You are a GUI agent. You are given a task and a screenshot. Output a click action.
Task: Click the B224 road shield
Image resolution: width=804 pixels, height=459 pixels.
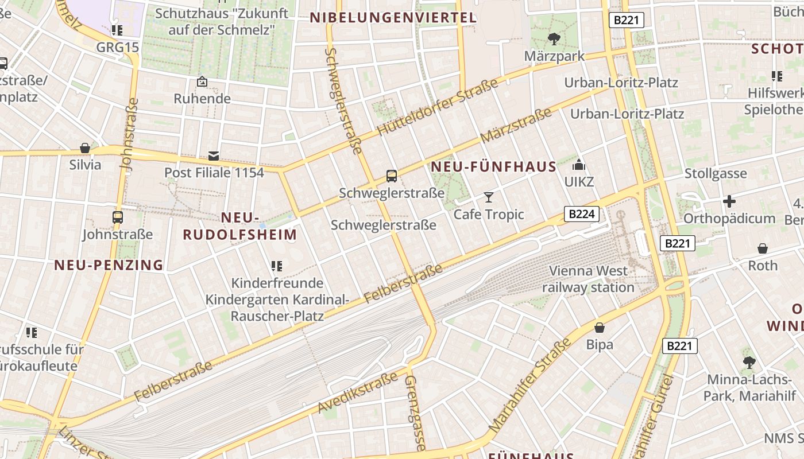pos(582,214)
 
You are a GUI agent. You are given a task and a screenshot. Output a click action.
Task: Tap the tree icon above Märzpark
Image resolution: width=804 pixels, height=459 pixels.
pos(554,39)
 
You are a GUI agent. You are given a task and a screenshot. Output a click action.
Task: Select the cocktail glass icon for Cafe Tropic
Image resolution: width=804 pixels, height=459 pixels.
pos(489,197)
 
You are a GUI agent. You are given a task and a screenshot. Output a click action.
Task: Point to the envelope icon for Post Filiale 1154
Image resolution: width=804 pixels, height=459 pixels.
pos(214,155)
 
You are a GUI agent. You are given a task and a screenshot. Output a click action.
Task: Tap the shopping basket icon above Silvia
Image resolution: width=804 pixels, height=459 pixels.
pos(85,148)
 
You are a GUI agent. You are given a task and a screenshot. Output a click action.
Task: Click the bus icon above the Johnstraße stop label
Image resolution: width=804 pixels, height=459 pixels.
pos(118,217)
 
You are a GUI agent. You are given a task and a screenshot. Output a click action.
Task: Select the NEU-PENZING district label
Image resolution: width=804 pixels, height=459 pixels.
pos(109,264)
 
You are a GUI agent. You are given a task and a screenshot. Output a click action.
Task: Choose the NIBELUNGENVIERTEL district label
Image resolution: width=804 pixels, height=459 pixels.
pos(393,18)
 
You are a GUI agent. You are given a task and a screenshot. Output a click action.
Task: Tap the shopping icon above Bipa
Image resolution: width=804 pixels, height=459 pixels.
pos(600,328)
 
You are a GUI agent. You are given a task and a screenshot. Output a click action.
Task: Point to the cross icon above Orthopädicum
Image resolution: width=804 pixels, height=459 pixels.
pos(729,201)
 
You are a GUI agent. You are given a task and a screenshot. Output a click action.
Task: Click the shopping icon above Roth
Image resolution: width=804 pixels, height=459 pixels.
pos(763,248)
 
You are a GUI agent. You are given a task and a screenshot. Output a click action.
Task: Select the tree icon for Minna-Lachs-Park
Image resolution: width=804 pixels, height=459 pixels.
pos(749,362)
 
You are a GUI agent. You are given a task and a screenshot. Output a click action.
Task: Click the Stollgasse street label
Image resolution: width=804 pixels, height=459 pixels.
pos(716,173)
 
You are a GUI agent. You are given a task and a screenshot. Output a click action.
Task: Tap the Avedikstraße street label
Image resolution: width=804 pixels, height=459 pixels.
pos(357,393)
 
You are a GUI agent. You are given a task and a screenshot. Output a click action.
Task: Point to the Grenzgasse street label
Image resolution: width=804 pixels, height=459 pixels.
pos(415,413)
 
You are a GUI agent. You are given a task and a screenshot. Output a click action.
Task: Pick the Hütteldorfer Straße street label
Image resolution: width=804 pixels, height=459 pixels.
pos(438,108)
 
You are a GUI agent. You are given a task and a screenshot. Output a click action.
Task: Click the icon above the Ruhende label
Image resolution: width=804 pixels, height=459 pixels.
pos(202,82)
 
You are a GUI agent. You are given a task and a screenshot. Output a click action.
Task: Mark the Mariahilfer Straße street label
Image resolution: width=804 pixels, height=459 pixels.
pos(531,386)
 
